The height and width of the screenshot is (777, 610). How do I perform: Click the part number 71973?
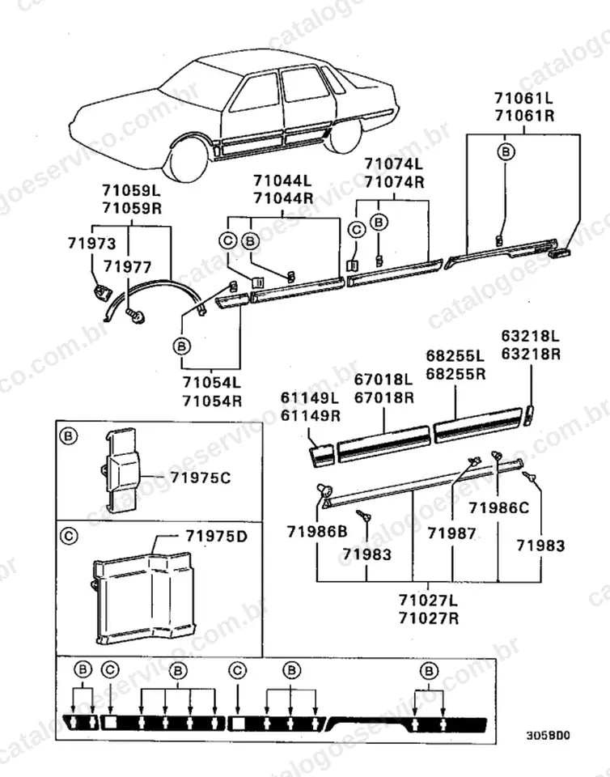(x=91, y=244)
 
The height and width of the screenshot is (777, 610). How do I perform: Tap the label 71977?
(x=127, y=267)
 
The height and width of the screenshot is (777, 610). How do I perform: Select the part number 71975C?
(x=201, y=478)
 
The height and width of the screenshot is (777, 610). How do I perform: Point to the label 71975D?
(x=216, y=537)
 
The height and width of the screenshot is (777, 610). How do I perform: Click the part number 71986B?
(x=317, y=532)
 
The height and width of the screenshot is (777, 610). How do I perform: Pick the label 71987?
(x=451, y=533)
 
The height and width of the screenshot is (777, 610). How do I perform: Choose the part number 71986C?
(x=498, y=508)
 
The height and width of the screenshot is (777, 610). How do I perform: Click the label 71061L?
(x=524, y=98)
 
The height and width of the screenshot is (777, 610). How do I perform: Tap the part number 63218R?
(x=531, y=355)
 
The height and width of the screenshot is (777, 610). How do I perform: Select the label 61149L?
(x=311, y=397)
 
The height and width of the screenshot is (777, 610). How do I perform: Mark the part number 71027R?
(x=429, y=618)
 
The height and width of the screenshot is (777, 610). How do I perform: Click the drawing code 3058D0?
(x=548, y=736)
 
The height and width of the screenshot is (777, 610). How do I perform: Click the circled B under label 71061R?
(x=506, y=151)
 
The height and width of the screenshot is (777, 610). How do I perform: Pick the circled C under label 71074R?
(x=356, y=229)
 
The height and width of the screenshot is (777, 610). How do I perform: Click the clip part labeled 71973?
(x=102, y=292)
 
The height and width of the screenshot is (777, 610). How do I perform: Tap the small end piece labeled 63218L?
(x=529, y=415)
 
